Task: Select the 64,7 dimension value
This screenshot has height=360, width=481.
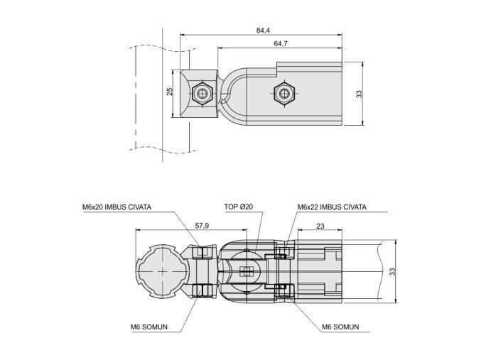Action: click(280, 44)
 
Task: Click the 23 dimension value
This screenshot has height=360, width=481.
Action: click(320, 225)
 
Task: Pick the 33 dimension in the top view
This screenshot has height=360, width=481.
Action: click(359, 93)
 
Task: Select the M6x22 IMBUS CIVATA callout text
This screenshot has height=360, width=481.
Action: click(332, 207)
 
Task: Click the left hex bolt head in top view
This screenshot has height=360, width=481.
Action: click(202, 93)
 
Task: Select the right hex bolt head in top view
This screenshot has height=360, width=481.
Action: click(284, 93)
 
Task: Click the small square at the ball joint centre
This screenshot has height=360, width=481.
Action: click(246, 271)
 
